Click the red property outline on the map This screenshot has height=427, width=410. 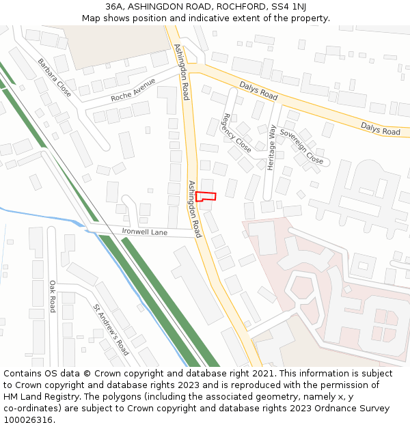[206, 197]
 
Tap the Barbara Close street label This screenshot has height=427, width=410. [55, 77]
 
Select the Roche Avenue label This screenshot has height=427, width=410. [133, 91]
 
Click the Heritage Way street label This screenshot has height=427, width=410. [272, 147]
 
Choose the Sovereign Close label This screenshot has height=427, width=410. [301, 146]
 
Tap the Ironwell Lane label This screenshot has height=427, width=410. [145, 232]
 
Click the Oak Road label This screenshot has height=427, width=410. [52, 296]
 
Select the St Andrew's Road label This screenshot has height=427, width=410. [111, 330]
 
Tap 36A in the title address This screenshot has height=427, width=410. [115, 7]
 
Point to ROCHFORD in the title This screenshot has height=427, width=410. [236, 7]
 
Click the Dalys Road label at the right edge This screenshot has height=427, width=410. [380, 128]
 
